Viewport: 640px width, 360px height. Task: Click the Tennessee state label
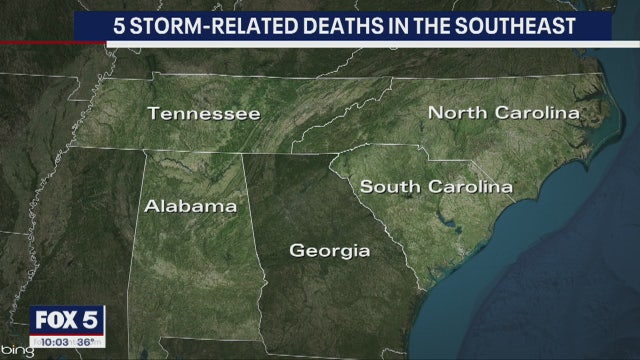(x=204, y=114)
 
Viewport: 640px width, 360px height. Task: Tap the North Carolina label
(x=504, y=113)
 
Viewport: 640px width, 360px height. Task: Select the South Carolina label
(x=436, y=186)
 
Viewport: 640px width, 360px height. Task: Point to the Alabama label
(x=191, y=207)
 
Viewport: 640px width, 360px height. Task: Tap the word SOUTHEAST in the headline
(x=518, y=26)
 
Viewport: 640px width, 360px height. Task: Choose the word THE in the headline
(x=430, y=26)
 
